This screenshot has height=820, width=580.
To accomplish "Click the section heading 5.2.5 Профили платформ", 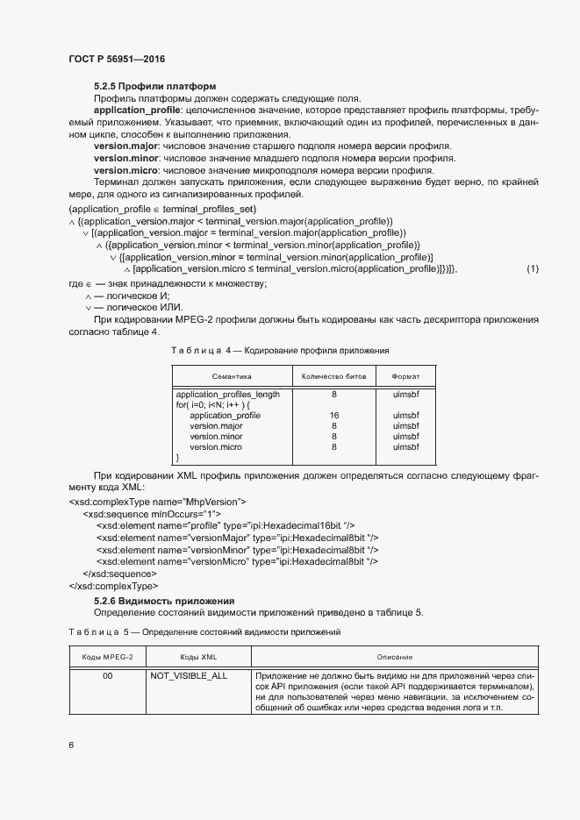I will point(154,86).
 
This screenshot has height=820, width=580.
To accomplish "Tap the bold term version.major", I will point(125,146).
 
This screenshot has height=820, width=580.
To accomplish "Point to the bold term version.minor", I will point(125,159).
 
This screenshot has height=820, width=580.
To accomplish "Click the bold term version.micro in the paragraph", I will point(125,170).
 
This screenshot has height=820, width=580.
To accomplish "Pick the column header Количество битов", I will point(333,375).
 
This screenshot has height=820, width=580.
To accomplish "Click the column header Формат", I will point(405,375).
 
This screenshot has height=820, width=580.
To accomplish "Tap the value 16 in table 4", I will point(334,416).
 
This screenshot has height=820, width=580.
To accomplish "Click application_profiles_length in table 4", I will point(227,395).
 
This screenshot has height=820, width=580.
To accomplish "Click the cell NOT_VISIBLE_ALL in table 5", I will point(189,676).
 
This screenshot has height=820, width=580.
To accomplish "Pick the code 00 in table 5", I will point(107,676).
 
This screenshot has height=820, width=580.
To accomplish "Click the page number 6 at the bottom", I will point(71,745).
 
